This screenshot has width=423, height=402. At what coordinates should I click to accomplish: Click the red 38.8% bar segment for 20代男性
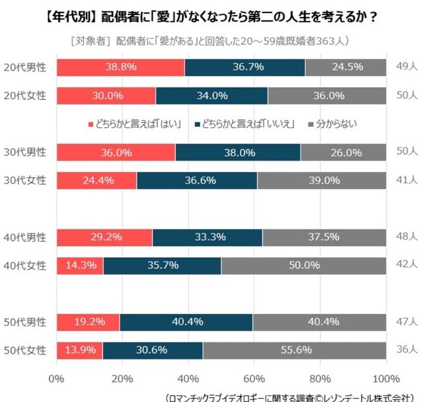pyautogui.click(x=120, y=67)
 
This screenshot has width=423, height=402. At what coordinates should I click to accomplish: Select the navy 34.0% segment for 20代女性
pyautogui.click(x=211, y=96)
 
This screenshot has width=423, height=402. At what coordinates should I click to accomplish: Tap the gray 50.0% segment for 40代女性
pyautogui.click(x=303, y=266)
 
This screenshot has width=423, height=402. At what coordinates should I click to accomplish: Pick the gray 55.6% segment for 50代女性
pyautogui.click(x=294, y=350)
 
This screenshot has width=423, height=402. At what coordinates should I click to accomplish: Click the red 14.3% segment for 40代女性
pyautogui.click(x=79, y=266)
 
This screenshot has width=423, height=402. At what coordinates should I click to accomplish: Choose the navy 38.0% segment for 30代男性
pyautogui.click(x=237, y=152)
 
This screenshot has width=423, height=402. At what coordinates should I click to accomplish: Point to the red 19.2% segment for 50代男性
pyautogui.click(x=88, y=322)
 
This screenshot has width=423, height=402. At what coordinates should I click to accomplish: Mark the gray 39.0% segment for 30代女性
pyautogui.click(x=321, y=181)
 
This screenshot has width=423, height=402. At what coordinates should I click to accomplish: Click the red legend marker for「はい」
pyautogui.click(x=91, y=124)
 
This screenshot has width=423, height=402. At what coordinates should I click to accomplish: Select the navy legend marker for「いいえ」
pyautogui.click(x=197, y=124)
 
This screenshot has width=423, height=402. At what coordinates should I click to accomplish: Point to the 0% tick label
pyautogui.click(x=57, y=379)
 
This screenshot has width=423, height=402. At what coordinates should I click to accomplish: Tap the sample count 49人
pyautogui.click(x=405, y=67)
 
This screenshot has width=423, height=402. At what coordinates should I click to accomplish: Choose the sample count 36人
pyautogui.click(x=405, y=350)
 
